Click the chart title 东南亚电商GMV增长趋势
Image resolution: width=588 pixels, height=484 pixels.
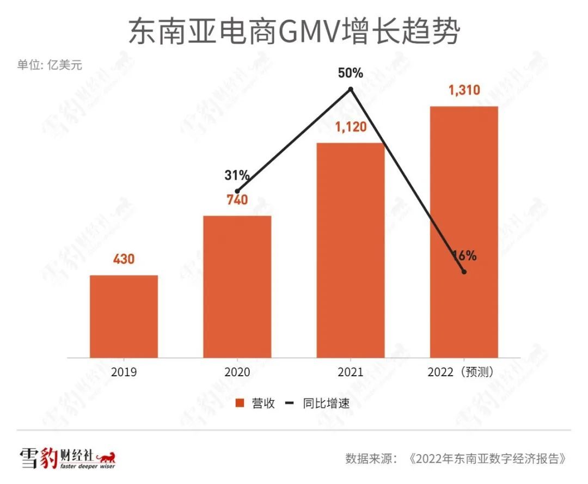(x=294, y=32)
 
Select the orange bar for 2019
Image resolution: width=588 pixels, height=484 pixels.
(x=124, y=316)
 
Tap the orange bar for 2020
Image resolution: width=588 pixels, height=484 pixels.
(x=237, y=286)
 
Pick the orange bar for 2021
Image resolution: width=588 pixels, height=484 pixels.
(x=351, y=250)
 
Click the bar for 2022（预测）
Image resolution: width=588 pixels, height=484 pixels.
(x=464, y=231)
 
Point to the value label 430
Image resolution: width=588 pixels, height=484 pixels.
(x=124, y=259)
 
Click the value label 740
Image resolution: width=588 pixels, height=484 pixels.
(x=237, y=200)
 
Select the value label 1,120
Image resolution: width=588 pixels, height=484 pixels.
(x=351, y=127)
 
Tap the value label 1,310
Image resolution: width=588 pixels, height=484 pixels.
(x=464, y=90)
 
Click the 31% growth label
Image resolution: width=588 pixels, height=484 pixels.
(x=237, y=175)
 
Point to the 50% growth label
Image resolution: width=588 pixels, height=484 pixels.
(x=350, y=73)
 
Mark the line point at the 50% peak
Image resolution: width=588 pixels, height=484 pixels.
(x=351, y=89)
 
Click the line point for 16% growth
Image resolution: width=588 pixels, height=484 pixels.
(x=464, y=272)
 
